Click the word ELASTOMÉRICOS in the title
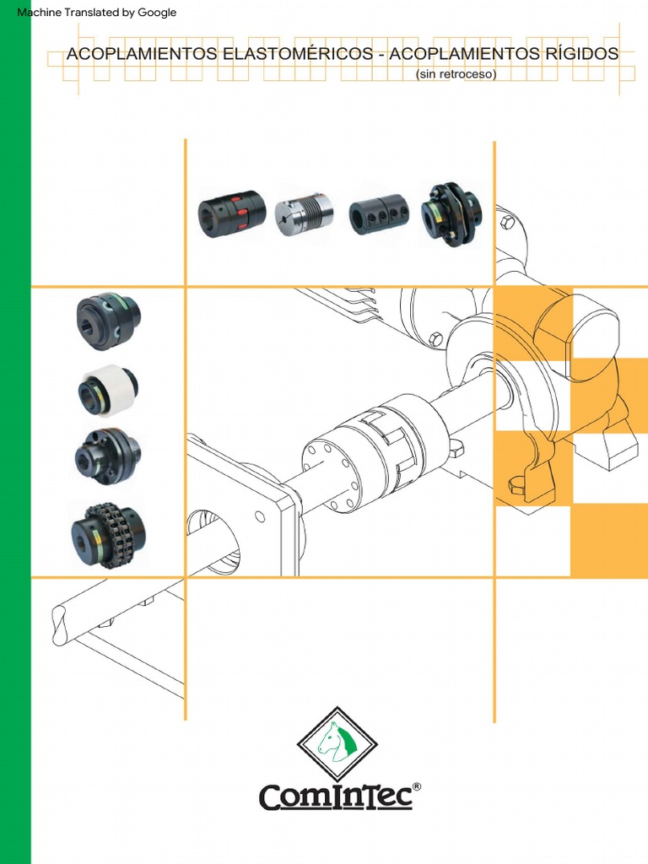click(294, 55)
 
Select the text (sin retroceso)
click(456, 74)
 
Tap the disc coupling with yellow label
click(451, 213)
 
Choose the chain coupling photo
click(109, 533)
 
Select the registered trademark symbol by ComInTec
click(417, 786)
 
